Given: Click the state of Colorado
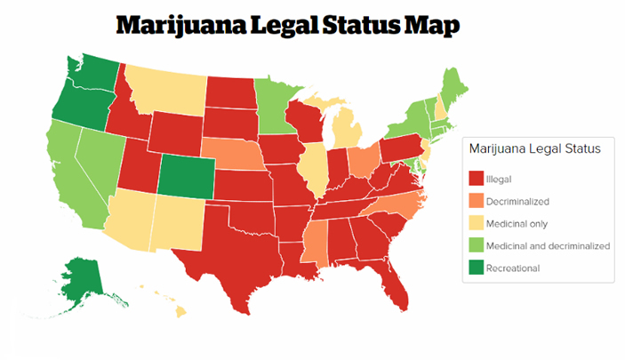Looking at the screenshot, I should point(186,175).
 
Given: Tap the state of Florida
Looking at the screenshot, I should point(391,283).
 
